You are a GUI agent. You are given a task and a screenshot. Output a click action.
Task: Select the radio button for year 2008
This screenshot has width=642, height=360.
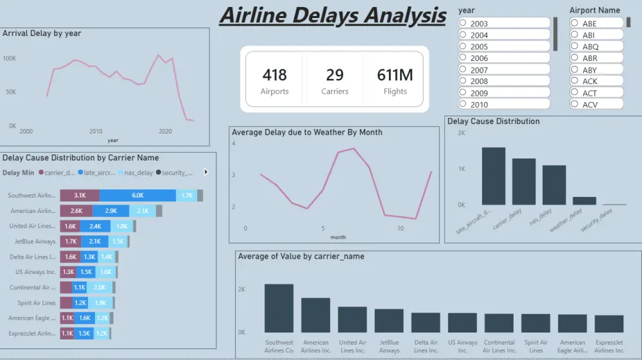pos(463,81)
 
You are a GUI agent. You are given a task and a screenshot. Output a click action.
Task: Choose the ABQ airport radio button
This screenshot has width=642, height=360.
pos(575,47)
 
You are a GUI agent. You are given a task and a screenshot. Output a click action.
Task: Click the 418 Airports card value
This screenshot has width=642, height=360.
pos(274,75)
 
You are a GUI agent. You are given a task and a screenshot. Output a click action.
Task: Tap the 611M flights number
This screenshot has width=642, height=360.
pos(395,75)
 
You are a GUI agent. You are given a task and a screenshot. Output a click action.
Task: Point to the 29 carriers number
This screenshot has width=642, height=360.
pos(334,75)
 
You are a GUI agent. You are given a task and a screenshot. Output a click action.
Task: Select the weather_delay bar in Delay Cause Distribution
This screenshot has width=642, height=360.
pos(584,201)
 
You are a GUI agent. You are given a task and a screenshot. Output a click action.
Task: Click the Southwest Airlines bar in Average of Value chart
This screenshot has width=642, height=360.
pos(279,308)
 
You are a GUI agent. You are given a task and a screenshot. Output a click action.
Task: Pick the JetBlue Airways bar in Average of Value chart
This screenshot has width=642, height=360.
pos(389,320)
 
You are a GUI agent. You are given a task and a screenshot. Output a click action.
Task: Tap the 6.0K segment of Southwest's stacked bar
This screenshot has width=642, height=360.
pos(137,195)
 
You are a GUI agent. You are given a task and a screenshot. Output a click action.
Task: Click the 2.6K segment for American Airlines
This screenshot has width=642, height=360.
pos(76,210)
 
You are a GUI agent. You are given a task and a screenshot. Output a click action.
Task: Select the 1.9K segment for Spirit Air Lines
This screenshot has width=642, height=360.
pos(100,303)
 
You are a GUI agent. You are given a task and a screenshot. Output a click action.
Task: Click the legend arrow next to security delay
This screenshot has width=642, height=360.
pos(205,172)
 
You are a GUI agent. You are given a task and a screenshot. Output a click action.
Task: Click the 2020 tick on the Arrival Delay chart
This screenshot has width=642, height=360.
pos(165,132)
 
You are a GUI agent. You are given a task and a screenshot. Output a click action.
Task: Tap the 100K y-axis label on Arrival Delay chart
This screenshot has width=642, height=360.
pos(10,58)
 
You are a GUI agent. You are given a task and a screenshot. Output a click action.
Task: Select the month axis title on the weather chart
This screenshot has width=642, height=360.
pos(338,237)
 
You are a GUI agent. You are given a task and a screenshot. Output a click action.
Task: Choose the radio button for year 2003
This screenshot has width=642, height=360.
pos(463,23)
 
